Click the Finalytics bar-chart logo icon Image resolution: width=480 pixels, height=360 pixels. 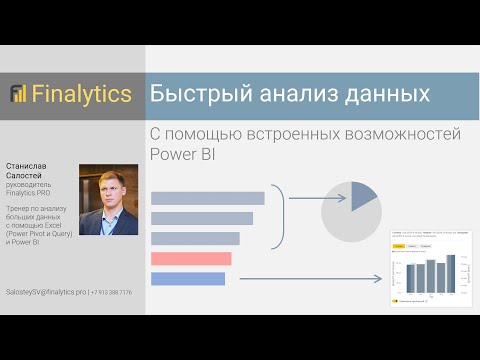coord(19,94)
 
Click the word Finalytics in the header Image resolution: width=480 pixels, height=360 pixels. coord(81,95)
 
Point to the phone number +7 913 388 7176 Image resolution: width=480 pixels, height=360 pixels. coord(111,291)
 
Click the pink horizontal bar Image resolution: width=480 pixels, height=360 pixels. coord(191,259)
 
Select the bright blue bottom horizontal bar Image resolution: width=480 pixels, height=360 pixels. coord(187,278)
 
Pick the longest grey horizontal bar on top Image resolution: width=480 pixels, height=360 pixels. coord(207,198)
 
